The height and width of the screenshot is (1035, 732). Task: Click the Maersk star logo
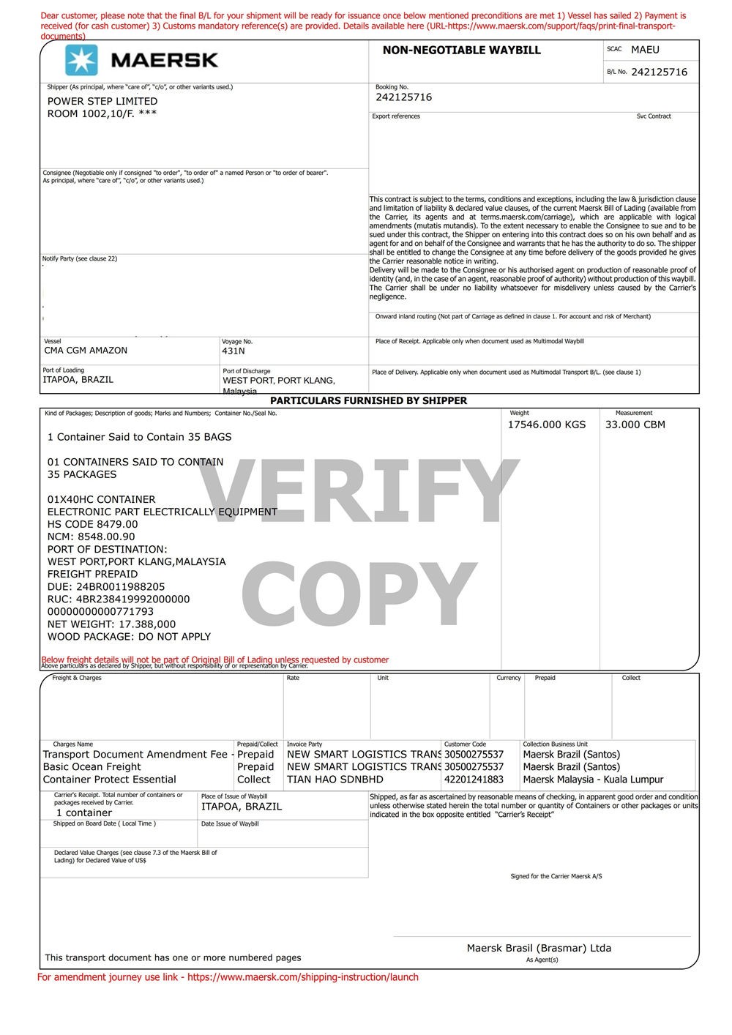(81, 60)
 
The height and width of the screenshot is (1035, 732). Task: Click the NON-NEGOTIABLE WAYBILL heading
(461, 51)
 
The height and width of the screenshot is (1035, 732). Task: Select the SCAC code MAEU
(645, 50)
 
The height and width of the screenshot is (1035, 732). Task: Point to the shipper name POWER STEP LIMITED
(102, 101)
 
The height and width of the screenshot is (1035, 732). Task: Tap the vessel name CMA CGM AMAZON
(86, 351)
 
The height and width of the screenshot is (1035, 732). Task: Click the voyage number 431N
(233, 351)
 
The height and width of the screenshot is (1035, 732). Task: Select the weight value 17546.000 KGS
(547, 425)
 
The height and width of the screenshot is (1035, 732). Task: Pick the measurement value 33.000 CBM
(635, 425)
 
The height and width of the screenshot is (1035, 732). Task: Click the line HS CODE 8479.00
(92, 524)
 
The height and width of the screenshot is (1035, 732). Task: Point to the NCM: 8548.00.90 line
(91, 537)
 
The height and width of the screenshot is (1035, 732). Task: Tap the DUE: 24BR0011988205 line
(106, 586)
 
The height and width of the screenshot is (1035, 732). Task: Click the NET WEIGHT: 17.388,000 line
(111, 624)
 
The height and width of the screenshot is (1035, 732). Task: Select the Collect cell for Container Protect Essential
(254, 780)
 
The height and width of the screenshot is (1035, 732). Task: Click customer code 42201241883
(474, 780)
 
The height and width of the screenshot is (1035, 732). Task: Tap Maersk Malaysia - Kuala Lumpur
(593, 780)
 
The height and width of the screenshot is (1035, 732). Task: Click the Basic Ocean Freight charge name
(92, 767)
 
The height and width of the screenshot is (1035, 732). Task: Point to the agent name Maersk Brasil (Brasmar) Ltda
(539, 948)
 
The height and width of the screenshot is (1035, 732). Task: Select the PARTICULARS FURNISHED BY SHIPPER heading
(368, 401)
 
